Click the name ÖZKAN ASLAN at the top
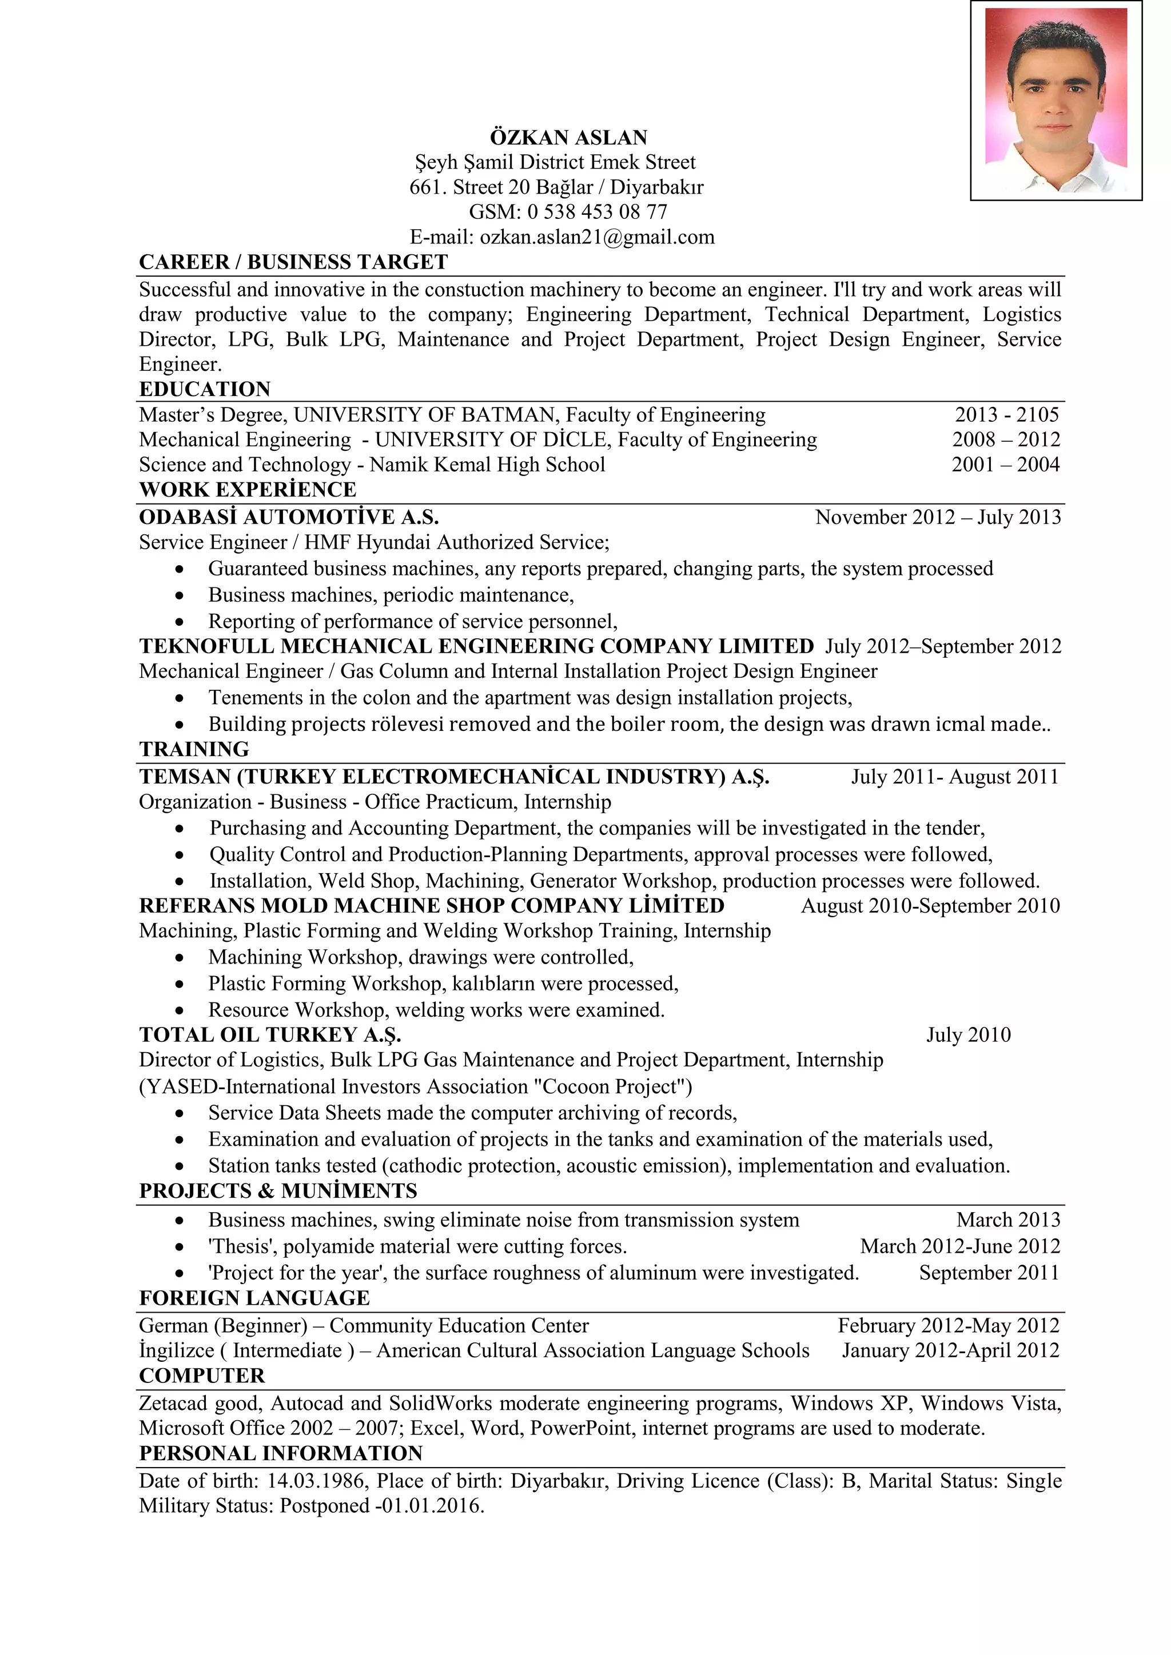568,137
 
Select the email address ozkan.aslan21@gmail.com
597,237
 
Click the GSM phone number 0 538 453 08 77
597,212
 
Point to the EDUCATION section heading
205,389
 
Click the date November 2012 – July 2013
937,518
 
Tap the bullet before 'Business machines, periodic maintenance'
180,596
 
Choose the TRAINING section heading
194,750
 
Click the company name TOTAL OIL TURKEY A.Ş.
270,1035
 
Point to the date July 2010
967,1035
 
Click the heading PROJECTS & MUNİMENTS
278,1191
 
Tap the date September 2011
989,1272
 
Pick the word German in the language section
173,1326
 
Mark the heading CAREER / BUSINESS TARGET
293,262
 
